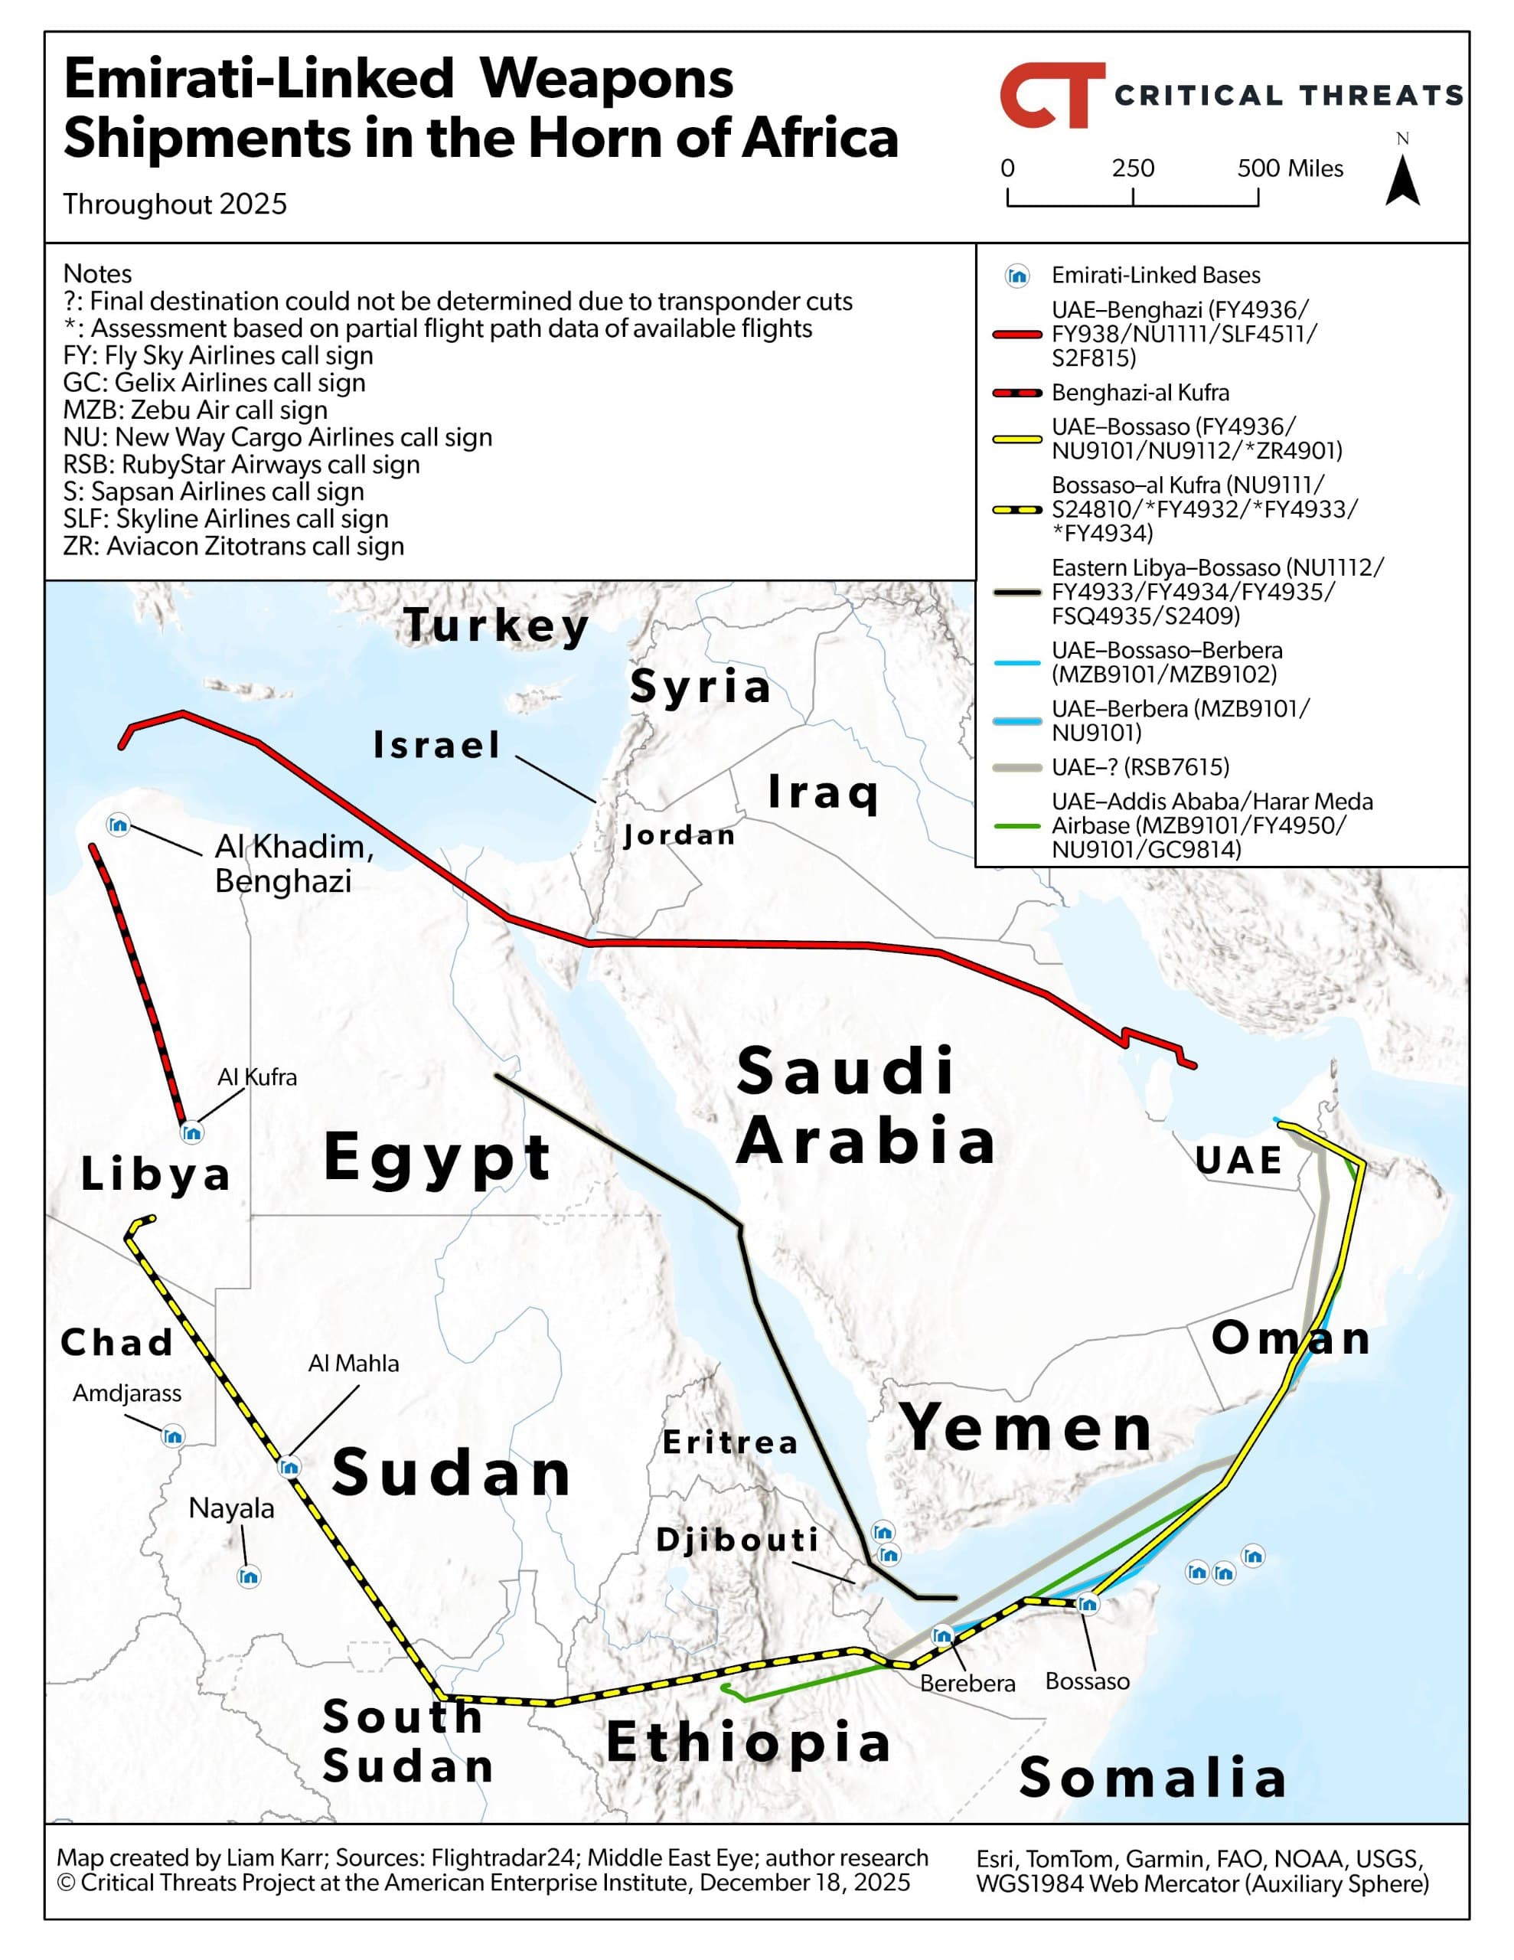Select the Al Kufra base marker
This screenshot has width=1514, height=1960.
coord(192,1132)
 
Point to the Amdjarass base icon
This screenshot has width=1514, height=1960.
coord(173,1437)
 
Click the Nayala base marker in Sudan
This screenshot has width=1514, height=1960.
coord(249,1576)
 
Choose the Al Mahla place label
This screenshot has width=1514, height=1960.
coord(354,1364)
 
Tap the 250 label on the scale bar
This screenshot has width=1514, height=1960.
coord(1133,168)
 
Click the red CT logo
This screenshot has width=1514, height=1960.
coord(1051,95)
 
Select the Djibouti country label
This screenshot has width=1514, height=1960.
coord(738,1539)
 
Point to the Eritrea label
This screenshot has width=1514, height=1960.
coord(730,1442)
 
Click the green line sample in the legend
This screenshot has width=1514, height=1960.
coord(1016,825)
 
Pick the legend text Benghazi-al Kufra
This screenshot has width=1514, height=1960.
coord(1140,392)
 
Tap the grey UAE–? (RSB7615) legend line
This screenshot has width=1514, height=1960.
coord(1016,767)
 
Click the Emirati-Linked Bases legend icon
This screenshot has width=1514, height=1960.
coord(1016,276)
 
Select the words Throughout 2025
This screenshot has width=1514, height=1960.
coord(175,204)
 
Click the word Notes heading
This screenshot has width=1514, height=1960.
coord(97,274)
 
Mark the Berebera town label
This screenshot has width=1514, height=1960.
coord(967,1683)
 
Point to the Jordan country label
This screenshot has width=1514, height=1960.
coord(680,835)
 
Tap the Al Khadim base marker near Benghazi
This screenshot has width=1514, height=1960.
coord(119,825)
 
